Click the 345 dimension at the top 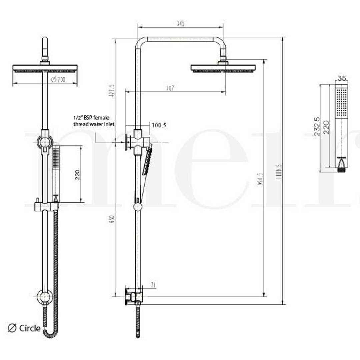pos(180,24)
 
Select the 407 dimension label pos(170,88)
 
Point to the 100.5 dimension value pos(159,125)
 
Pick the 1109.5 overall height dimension pos(279,171)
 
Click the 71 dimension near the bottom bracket pos(153,285)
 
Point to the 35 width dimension pos(342,78)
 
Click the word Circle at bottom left pos(30,328)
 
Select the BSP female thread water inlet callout pos(94,121)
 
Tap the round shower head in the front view pos(45,68)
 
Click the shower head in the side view pos(223,68)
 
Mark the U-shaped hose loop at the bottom pos(50,334)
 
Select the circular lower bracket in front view pos(44,297)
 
